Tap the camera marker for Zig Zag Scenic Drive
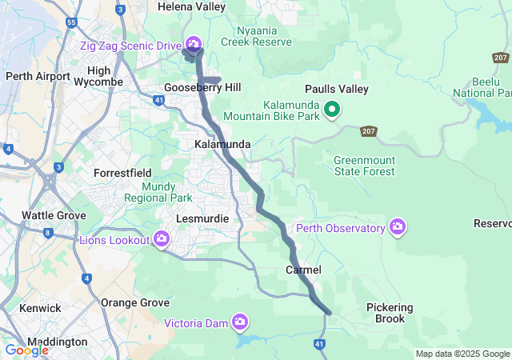click(x=193, y=43)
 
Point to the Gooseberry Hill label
click(x=202, y=87)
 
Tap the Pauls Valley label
click(x=336, y=90)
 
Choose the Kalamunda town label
click(x=222, y=144)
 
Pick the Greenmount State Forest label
click(x=364, y=165)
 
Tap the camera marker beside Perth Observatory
click(x=398, y=228)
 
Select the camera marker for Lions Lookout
click(x=162, y=238)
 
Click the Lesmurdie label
click(x=202, y=218)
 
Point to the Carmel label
click(x=303, y=270)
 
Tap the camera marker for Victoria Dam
click(x=239, y=322)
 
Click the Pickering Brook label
click(x=390, y=313)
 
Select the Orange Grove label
click(x=135, y=303)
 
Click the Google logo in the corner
click(x=26, y=350)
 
